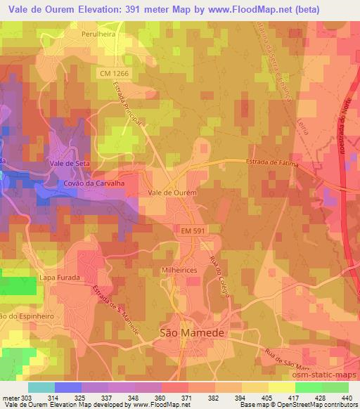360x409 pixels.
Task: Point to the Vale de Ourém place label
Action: point(171,191)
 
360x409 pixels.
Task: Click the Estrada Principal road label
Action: point(127,103)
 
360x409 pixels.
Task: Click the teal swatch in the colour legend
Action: point(40,387)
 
